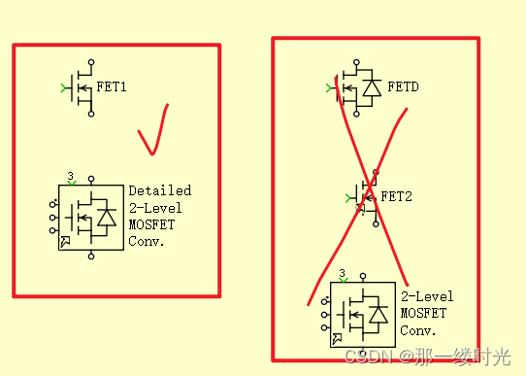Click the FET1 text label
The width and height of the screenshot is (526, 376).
pos(112,87)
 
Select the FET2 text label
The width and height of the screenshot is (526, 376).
pos(397,196)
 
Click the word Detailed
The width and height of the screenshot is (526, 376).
pos(160,190)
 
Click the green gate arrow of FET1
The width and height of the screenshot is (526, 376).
pos(65,88)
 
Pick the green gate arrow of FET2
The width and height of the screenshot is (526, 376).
pos(350,198)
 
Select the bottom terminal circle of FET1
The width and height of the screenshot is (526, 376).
pos(91,114)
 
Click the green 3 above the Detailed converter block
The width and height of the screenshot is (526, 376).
pos(70,177)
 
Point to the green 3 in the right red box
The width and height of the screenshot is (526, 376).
pos(342,274)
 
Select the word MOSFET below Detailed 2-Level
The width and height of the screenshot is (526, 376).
pos(149,224)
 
